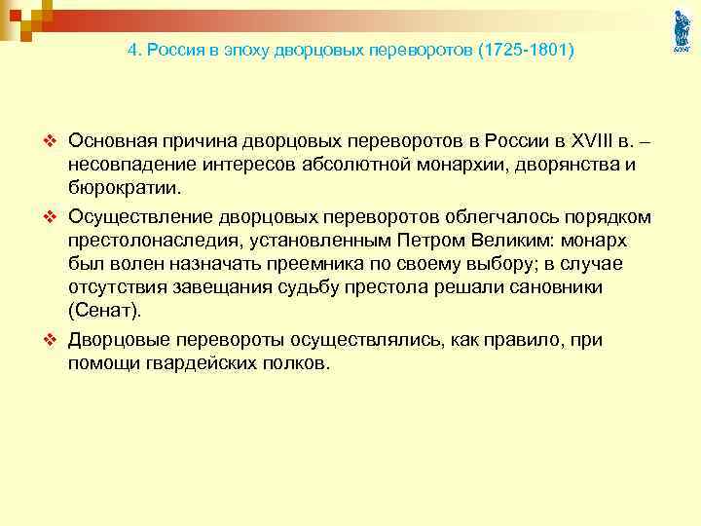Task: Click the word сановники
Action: (556, 288)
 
